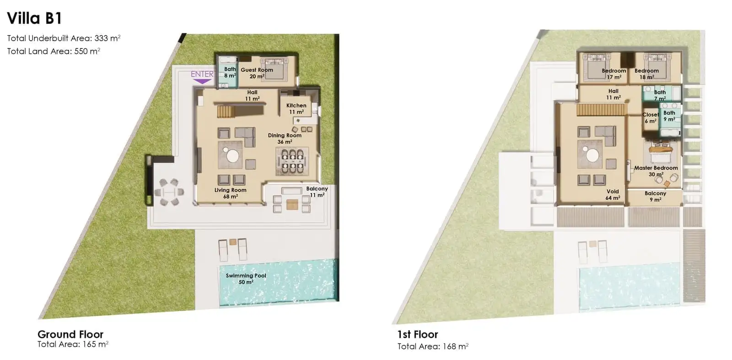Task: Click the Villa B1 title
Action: click(34, 18)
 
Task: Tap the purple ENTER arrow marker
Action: click(202, 81)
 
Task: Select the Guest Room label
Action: click(257, 70)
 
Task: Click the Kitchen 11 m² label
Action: click(296, 108)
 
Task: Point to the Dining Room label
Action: click(285, 135)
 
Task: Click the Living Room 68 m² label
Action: click(231, 193)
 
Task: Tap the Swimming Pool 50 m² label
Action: click(246, 279)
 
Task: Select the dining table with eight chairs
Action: click(292, 162)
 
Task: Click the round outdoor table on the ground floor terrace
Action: click(169, 192)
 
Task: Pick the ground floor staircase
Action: click(226, 112)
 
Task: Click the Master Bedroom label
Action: click(656, 168)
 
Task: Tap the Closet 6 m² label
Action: click(650, 118)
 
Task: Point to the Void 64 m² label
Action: click(613, 195)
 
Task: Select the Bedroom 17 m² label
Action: click(614, 74)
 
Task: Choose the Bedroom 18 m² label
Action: click(647, 74)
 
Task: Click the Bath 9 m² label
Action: click(669, 116)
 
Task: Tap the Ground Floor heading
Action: click(70, 334)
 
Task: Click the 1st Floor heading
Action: click(418, 334)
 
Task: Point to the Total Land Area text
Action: click(54, 51)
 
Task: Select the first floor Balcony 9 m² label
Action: click(655, 196)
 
